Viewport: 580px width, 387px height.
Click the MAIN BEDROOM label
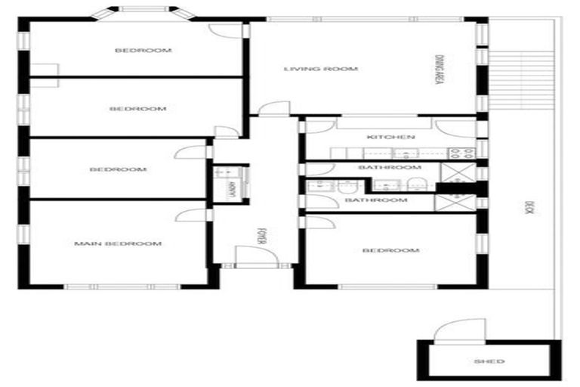pyautogui.click(x=117, y=243)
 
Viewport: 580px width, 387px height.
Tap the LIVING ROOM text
pyautogui.click(x=310, y=70)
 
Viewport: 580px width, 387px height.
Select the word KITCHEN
pyautogui.click(x=390, y=138)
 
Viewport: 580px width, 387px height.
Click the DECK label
pyautogui.click(x=528, y=208)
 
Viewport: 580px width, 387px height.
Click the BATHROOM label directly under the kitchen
pyautogui.click(x=390, y=167)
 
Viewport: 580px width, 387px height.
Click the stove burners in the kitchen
pyautogui.click(x=468, y=153)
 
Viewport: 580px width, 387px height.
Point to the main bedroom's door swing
pyautogui.click(x=187, y=215)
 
